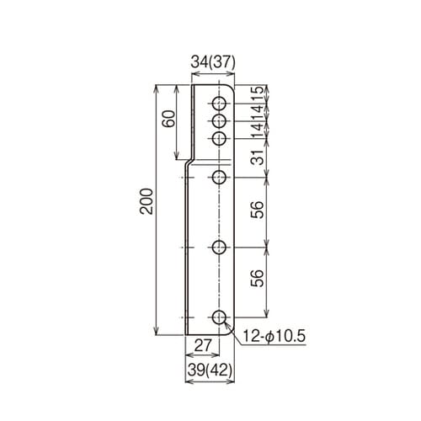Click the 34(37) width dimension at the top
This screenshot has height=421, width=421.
pos(211,61)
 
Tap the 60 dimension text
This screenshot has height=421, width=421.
pos(168,120)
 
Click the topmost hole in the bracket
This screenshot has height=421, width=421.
pos(219,104)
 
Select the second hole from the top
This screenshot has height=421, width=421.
pos(219,121)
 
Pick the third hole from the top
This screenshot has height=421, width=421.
pos(219,138)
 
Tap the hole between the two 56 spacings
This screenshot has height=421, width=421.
pos(219,248)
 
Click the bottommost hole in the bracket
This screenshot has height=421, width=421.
pos(219,317)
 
